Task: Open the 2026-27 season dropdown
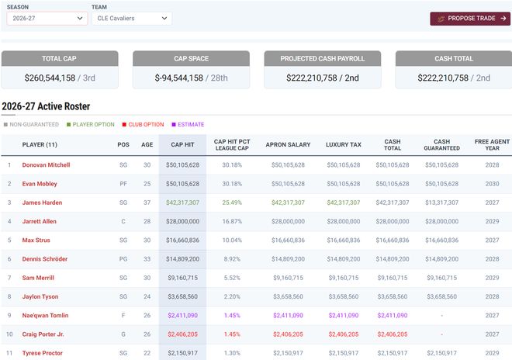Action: pos(47,19)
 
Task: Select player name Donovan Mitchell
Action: pos(46,165)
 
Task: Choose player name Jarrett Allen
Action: pos(40,221)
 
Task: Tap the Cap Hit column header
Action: pos(182,144)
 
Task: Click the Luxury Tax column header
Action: pos(343,144)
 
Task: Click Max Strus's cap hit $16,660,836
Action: pos(182,240)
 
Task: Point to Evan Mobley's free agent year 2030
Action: pos(493,184)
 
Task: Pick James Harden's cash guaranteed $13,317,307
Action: pos(441,202)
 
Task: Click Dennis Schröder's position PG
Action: pos(123,259)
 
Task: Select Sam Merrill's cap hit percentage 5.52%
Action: pos(231,278)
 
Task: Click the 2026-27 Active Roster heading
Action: pos(57,106)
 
